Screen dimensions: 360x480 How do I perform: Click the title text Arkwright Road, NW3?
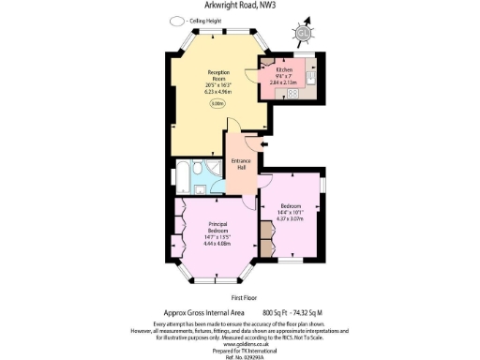click(240, 7)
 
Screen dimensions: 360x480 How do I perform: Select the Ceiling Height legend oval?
click(177, 21)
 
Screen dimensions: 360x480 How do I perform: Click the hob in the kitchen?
click(292, 93)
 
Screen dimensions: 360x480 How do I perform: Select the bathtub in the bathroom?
click(184, 175)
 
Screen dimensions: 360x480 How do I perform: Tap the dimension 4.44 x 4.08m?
click(216, 242)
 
